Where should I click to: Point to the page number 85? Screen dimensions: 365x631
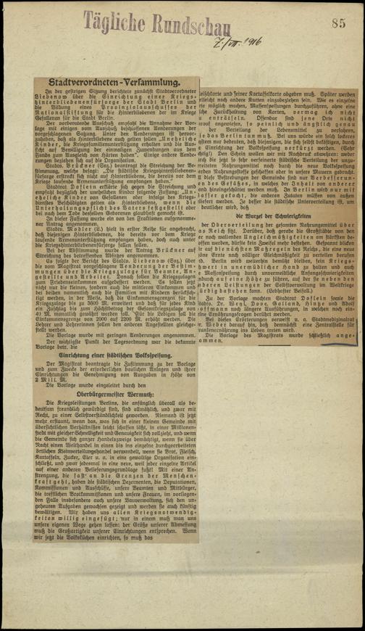[337, 24]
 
